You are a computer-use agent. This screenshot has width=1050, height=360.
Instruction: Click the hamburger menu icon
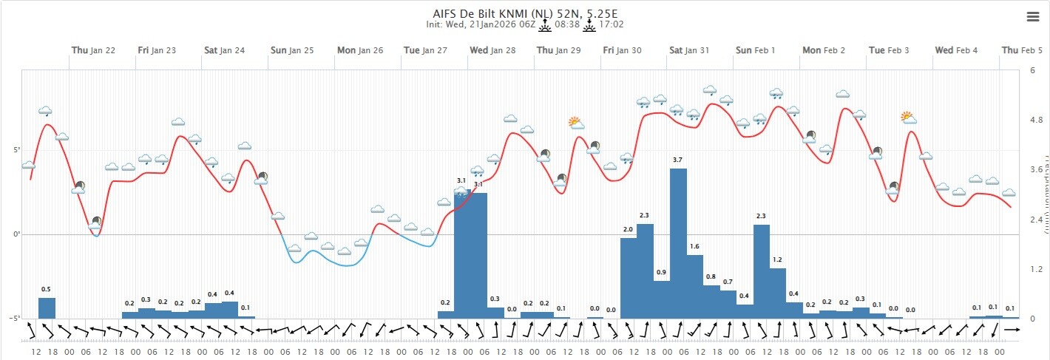pyautogui.click(x=1033, y=18)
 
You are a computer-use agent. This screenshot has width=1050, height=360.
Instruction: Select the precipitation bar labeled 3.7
pyautogui.click(x=678, y=243)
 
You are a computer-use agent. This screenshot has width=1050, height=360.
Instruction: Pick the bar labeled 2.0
pyautogui.click(x=629, y=278)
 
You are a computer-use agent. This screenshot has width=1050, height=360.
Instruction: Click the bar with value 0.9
pyautogui.click(x=662, y=299)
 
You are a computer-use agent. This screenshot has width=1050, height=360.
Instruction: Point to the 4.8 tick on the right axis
pyautogui.click(x=1036, y=120)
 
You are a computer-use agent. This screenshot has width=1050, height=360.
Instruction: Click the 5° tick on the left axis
pyautogui.click(x=15, y=150)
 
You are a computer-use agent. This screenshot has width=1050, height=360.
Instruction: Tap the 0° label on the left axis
pyautogui.click(x=15, y=234)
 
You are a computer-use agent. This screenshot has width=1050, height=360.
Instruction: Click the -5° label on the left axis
pyautogui.click(x=13, y=319)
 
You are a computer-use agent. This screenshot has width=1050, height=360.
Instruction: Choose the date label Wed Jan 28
pyautogui.click(x=492, y=50)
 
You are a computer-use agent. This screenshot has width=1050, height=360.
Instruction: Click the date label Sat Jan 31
pyautogui.click(x=689, y=50)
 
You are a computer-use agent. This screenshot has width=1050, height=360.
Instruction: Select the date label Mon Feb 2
pyautogui.click(x=824, y=50)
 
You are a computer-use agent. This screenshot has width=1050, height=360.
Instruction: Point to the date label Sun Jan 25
pyautogui.click(x=292, y=50)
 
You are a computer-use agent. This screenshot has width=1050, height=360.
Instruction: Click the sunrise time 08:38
pyautogui.click(x=566, y=24)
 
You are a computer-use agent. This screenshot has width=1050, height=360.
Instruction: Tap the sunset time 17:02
pyautogui.click(x=611, y=24)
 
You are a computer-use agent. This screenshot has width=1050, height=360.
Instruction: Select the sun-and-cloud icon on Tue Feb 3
pyautogui.click(x=909, y=118)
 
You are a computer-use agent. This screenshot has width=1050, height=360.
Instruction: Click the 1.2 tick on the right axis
pyautogui.click(x=1036, y=269)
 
